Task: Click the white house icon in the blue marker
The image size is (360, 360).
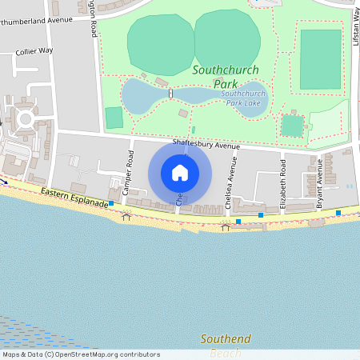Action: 180,172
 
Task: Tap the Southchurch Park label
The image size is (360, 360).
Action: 225,76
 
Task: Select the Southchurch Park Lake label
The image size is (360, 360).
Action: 244,98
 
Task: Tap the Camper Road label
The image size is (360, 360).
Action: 128,169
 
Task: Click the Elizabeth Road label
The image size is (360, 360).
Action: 282,183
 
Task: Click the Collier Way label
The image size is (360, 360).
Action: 34,51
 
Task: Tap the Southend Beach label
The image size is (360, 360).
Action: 225,345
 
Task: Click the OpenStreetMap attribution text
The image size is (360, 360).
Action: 81,354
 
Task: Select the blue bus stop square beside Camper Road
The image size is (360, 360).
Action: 111,203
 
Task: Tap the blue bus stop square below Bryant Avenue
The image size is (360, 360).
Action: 338,213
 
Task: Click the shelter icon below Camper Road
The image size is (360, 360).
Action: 126,215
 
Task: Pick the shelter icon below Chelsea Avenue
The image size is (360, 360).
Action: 225,227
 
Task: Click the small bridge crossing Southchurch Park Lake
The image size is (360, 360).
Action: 170,94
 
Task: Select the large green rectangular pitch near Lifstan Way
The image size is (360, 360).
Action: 320,59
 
